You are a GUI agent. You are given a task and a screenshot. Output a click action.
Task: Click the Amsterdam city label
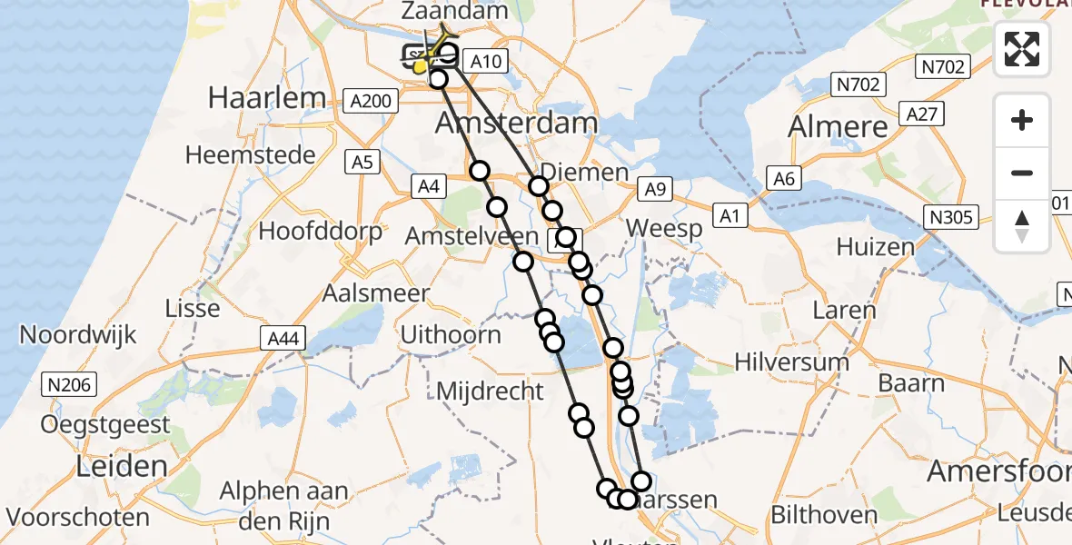click(x=517, y=123)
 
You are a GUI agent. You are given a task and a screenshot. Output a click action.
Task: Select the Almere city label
click(x=838, y=126)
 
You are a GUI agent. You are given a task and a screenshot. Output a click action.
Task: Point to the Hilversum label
click(x=791, y=362)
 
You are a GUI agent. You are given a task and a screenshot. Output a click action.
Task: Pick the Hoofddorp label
click(x=321, y=231)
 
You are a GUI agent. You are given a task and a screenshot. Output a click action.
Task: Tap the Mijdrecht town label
click(x=490, y=391)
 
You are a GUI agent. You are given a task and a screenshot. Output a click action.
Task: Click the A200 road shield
click(x=372, y=100)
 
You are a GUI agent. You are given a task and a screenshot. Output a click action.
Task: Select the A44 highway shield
click(x=283, y=339)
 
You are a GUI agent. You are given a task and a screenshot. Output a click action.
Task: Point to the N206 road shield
click(x=70, y=385)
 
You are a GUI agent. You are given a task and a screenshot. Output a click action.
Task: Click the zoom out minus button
click(x=1022, y=173)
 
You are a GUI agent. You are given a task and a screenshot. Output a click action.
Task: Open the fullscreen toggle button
click(x=1022, y=49)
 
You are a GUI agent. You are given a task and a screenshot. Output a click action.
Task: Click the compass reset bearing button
click(x=1022, y=225)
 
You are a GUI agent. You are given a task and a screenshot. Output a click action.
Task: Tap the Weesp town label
click(x=664, y=228)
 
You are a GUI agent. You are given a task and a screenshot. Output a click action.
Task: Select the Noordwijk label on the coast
click(x=78, y=334)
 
